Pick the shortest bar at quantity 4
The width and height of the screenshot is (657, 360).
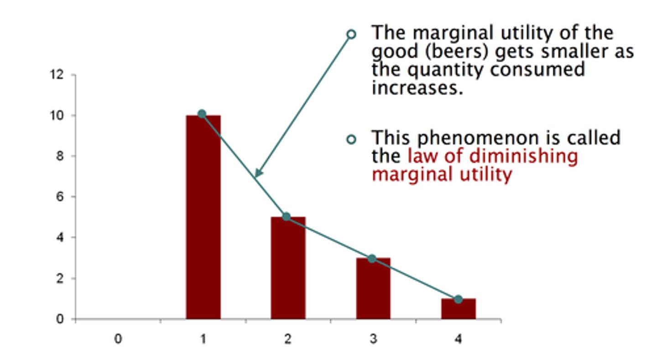click(x=458, y=309)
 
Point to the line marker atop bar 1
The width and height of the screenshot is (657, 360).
click(x=202, y=114)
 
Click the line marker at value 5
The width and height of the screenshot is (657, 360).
click(x=287, y=217)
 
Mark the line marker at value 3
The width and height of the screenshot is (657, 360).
click(x=372, y=259)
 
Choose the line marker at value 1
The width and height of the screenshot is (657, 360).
click(x=458, y=300)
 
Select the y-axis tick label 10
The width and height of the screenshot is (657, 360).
click(x=57, y=115)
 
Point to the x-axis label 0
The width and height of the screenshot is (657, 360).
click(x=118, y=339)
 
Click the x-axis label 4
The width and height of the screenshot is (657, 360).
click(x=458, y=339)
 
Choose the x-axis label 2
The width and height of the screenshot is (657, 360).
click(x=288, y=339)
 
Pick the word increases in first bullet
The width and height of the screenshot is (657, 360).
click(x=417, y=87)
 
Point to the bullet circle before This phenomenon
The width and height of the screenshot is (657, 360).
click(x=351, y=139)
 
